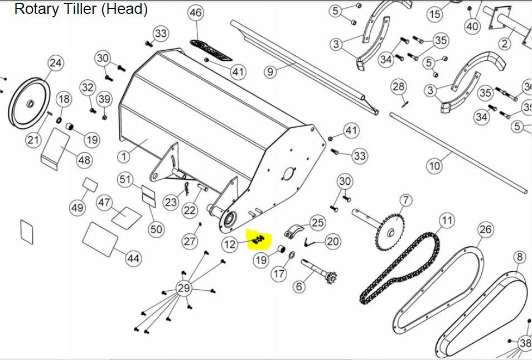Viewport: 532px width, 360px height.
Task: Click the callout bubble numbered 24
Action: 56,63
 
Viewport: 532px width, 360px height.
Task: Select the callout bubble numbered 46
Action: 196,13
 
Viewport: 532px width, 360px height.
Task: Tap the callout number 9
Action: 270,71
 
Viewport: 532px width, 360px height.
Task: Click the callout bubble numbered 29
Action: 183,288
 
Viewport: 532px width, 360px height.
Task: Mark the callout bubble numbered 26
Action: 486,229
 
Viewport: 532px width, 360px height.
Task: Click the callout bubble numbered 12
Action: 230,244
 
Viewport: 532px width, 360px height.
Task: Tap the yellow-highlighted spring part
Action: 258,240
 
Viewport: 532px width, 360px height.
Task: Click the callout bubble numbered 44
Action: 133,258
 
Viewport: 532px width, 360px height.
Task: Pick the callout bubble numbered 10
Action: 434,166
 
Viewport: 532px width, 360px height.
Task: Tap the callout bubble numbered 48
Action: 84,160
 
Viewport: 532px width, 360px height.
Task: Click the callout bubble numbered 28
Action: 399,87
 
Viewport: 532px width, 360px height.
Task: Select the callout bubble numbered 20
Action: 332,241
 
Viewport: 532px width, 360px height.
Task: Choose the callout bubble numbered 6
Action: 299,286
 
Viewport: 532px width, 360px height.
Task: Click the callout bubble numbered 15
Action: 434,13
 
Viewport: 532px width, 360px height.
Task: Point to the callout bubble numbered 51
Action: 126,179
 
